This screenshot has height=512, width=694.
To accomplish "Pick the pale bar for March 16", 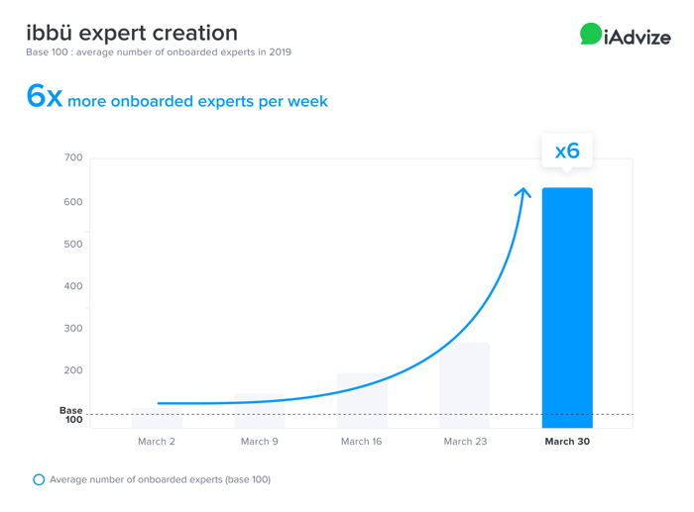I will pos(362,400).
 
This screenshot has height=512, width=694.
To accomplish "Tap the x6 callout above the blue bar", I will pos(567,152).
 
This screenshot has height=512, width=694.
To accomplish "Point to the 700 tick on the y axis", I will pos(73,157).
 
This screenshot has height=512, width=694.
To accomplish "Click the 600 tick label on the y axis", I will pos(73,202).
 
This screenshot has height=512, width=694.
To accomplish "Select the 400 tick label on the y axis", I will pos(73,286).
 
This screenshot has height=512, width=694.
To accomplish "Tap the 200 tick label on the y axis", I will pos(73,370).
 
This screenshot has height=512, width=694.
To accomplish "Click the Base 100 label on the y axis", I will pos(71,414).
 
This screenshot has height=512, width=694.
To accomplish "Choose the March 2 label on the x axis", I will pos(157,442).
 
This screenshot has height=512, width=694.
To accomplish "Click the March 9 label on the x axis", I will pos(260,442).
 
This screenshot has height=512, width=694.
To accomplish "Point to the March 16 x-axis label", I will pos(361,442).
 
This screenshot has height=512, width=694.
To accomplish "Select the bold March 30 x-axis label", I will pos(567,442).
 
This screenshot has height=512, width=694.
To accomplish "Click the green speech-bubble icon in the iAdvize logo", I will pos(591,35).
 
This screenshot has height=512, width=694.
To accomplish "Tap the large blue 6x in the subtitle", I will pos(45,97).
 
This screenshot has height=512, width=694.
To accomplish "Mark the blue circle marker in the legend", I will pos(39,479).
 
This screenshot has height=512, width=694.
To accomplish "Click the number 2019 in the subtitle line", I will pos(279,51).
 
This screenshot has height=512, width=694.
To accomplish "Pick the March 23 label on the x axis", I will pos(465,442).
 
